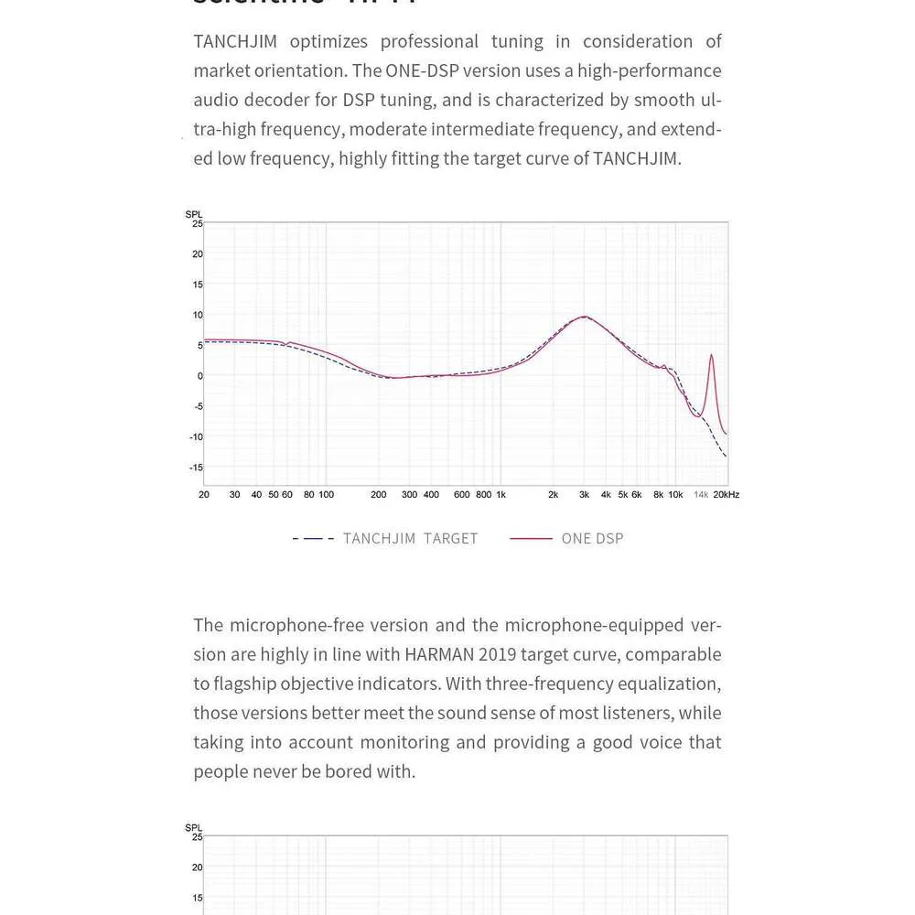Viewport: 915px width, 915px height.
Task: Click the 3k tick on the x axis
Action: [x=584, y=495]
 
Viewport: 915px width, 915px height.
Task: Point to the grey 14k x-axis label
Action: [x=701, y=495]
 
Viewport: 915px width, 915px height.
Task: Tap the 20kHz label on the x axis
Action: [x=727, y=495]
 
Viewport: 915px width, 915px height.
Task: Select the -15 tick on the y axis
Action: [x=196, y=468]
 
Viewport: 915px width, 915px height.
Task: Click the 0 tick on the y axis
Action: [x=199, y=376]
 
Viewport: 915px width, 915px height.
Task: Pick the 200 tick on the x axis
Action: [x=378, y=495]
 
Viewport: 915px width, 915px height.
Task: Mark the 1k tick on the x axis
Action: [x=501, y=495]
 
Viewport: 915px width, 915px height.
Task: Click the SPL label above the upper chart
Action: [x=194, y=215]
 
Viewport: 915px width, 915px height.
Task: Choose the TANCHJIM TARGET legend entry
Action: [x=410, y=539]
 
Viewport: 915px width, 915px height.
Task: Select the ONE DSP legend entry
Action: [x=592, y=539]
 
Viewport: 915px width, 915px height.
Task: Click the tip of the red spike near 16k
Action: [x=711, y=355]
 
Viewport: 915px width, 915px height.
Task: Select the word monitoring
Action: [x=419, y=742]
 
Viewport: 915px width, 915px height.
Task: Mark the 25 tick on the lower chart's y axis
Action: [x=196, y=837]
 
